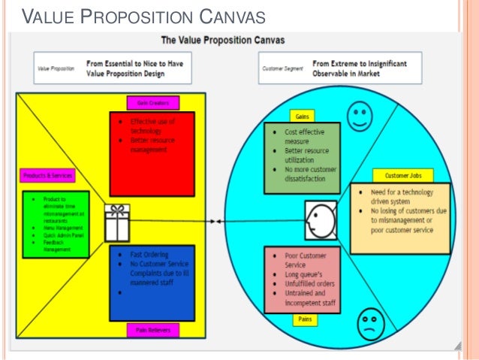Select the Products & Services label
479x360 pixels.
[x=47, y=176]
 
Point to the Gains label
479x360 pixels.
[x=300, y=116]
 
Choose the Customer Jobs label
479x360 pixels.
[x=404, y=175]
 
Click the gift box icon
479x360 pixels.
[x=117, y=222]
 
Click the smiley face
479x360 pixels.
[x=360, y=117]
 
